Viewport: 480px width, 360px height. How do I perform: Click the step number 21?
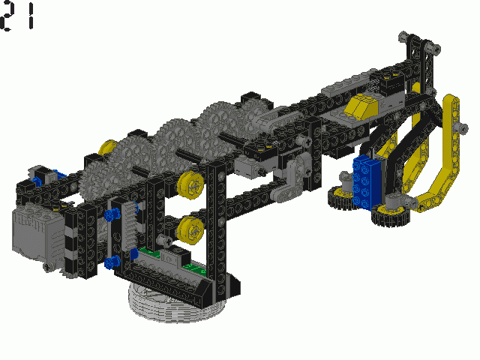18,16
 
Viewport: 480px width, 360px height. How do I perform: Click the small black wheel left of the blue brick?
343,196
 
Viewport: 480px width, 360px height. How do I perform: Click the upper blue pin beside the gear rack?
112,216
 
